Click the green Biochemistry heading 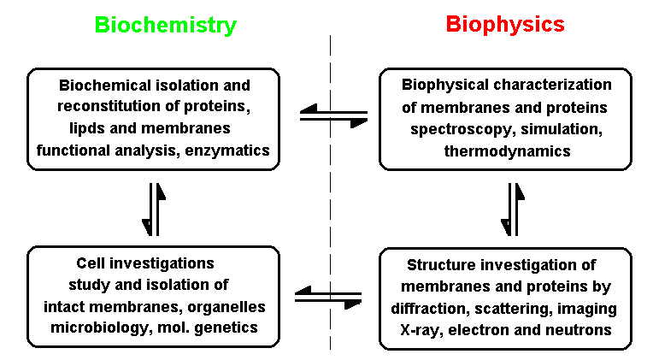tap(165, 25)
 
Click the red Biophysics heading tap(505, 24)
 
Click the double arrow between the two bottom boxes tap(327, 296)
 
